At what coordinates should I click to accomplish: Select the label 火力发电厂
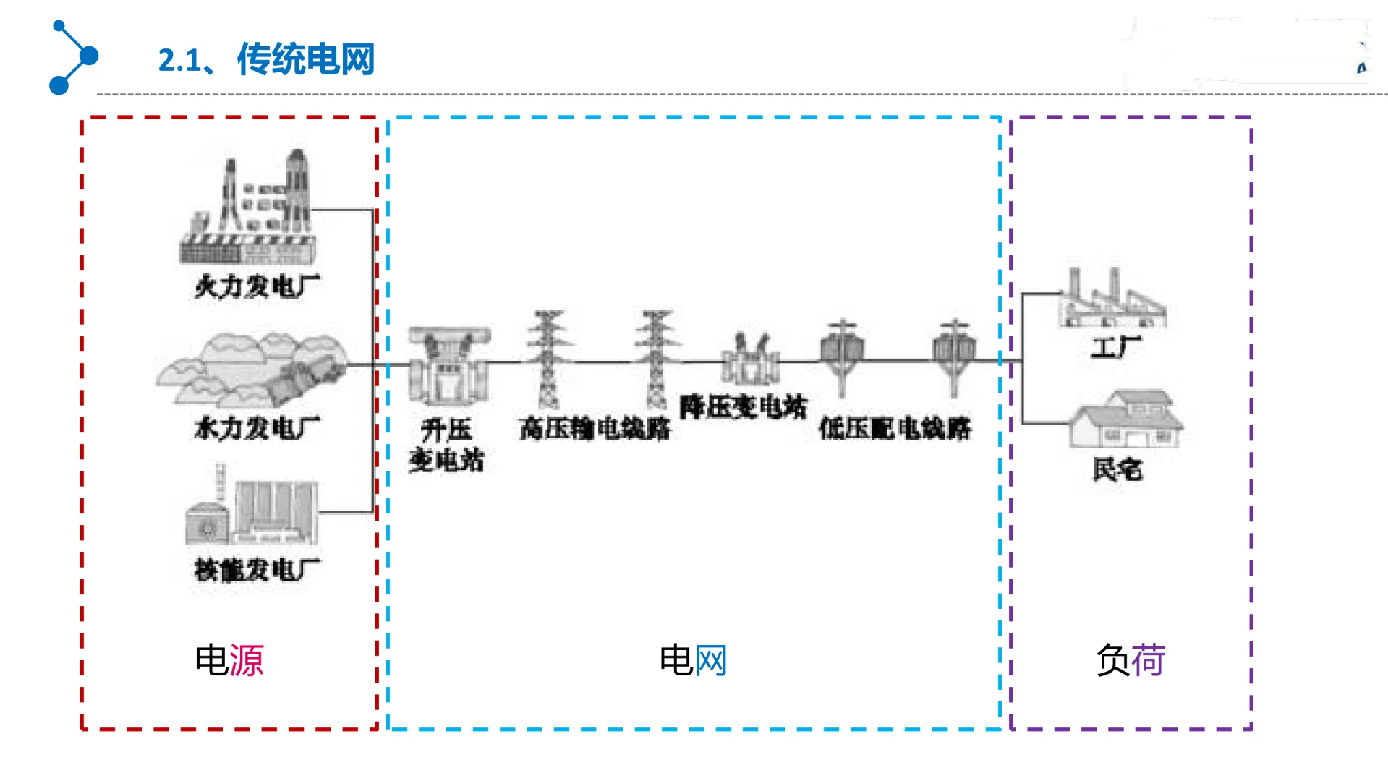(257, 286)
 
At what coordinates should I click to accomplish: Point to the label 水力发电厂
(257, 428)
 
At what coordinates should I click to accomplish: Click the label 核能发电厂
(257, 570)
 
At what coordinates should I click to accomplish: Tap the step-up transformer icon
(448, 365)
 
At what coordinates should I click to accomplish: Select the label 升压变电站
(446, 445)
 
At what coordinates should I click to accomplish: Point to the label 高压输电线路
(595, 429)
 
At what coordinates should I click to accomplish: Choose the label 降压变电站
(743, 407)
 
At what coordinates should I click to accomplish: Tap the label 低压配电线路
(895, 429)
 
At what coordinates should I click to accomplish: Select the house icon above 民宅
(1126, 419)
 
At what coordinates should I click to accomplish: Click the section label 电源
(229, 660)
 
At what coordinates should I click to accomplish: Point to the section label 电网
(693, 660)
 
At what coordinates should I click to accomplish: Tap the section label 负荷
(1131, 660)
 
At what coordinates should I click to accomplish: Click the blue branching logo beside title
(74, 57)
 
